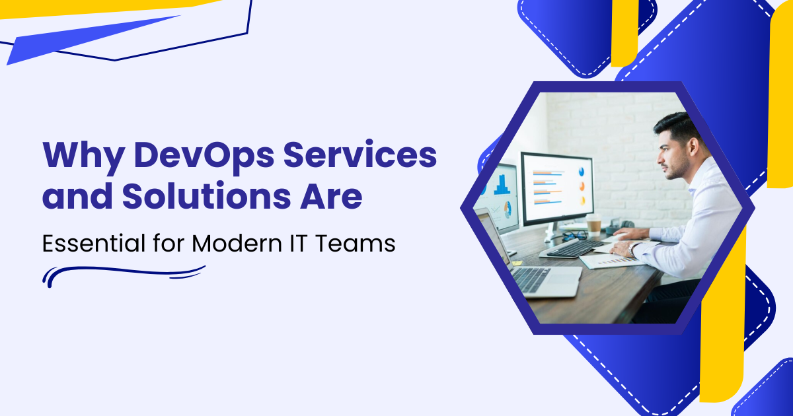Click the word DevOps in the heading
click(x=204, y=156)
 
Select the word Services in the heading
click(x=360, y=155)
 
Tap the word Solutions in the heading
click(x=206, y=195)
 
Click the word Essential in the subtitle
click(x=94, y=243)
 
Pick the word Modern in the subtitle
click(x=237, y=244)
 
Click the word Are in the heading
click(x=331, y=195)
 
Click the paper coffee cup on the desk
click(x=593, y=225)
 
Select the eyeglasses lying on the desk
click(x=574, y=235)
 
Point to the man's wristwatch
click(x=632, y=250)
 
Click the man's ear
click(x=693, y=146)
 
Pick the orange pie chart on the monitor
click(x=582, y=186)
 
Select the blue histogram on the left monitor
click(x=502, y=185)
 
